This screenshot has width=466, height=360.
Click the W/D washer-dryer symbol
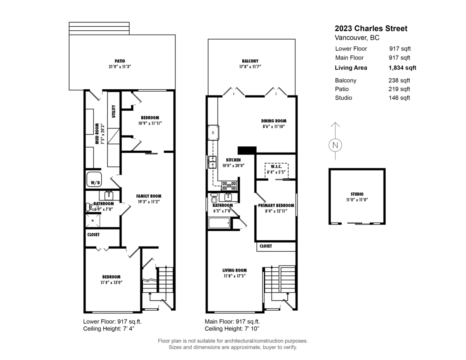click(94, 179)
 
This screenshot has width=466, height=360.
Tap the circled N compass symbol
click(335, 145)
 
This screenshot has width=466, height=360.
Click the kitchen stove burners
click(229, 186)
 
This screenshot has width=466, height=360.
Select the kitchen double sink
click(212, 162)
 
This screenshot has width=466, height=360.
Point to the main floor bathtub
click(219, 223)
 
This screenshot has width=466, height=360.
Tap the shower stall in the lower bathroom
click(93, 221)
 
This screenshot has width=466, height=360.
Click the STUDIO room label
click(357, 194)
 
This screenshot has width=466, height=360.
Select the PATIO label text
click(120, 61)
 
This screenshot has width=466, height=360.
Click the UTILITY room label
click(114, 111)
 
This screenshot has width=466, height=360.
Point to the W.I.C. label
click(276, 167)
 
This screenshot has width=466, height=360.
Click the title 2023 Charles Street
click(371, 28)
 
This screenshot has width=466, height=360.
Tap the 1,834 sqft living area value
click(402, 68)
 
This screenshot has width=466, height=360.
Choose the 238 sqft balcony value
click(399, 80)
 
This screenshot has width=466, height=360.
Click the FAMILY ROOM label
click(149, 196)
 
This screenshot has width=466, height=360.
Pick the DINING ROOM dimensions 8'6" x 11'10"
click(274, 127)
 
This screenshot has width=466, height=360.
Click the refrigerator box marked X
click(213, 133)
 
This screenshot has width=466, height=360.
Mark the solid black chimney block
click(247, 150)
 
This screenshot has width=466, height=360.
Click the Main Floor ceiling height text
click(232, 329)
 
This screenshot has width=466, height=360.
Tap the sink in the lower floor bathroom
click(109, 196)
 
